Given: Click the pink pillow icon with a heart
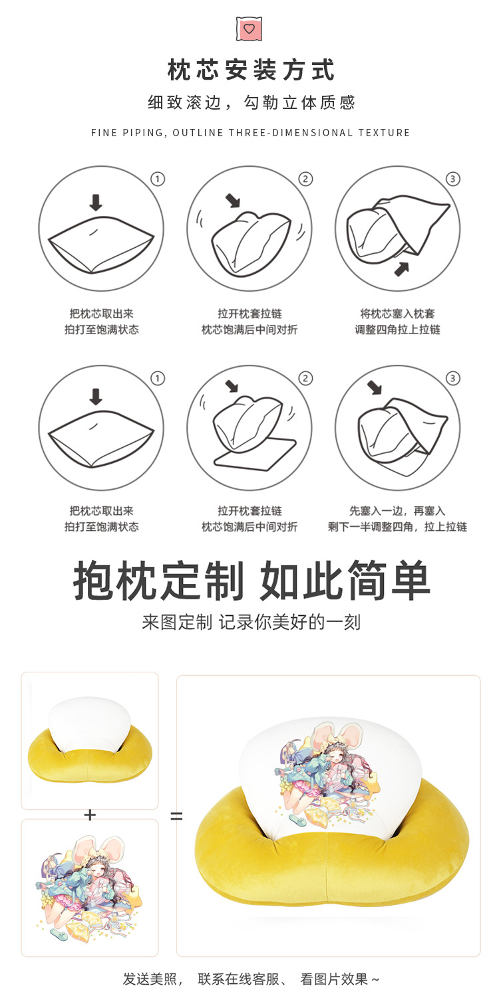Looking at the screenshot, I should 249,29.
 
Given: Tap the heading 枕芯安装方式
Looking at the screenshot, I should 251,70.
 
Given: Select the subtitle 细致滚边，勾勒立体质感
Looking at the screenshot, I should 251,102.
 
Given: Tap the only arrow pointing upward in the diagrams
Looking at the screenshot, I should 401,268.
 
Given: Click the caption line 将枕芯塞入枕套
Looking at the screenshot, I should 397,314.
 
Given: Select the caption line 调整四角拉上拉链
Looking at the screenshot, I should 397,330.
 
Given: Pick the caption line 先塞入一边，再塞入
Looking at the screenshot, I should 397,511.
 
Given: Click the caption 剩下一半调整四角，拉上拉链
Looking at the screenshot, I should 397,527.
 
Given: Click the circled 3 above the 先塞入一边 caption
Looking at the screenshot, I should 453,378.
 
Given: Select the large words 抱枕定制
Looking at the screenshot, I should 158,581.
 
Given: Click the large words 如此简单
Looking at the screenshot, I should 345,581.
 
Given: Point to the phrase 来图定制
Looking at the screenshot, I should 177,623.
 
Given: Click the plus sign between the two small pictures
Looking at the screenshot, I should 90,815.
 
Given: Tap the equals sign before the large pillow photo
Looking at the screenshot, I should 176,816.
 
